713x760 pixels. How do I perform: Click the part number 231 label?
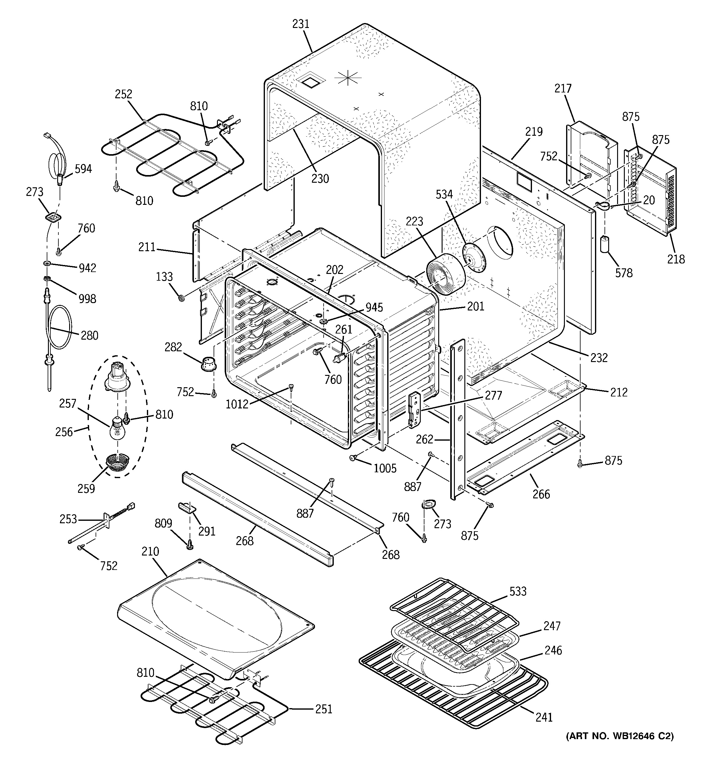301,24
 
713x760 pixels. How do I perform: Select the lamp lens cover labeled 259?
117,462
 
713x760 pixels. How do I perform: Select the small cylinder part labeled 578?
605,245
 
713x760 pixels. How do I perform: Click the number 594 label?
83,169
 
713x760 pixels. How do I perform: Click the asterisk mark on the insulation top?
348,79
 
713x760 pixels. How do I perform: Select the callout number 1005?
385,468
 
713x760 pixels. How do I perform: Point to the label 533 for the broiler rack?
518,591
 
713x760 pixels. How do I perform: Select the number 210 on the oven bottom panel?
150,551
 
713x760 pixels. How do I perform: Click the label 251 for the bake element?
323,709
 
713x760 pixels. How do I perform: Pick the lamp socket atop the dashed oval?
117,377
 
